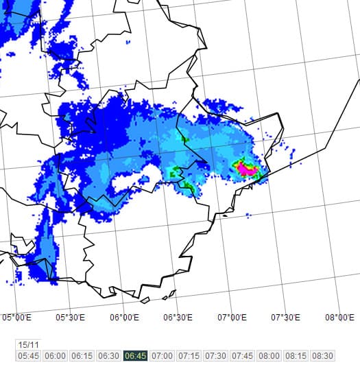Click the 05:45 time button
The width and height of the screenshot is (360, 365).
(29, 356)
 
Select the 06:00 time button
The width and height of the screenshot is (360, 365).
(56, 356)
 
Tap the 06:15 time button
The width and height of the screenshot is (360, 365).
(82, 356)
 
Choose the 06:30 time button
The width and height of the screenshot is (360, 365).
(109, 356)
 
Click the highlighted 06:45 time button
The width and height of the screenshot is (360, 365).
(136, 356)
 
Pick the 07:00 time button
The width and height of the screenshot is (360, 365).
(163, 356)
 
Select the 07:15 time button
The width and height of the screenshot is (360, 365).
(189, 356)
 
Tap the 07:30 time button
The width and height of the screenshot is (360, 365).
(216, 356)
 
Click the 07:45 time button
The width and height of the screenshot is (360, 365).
(243, 356)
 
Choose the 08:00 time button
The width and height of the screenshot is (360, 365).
(269, 356)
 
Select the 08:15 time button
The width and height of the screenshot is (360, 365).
(296, 356)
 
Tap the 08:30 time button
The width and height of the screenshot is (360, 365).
(323, 356)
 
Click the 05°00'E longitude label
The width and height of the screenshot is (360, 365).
(17, 317)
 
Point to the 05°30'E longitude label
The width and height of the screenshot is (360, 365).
(71, 317)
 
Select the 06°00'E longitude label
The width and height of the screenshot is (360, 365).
(125, 317)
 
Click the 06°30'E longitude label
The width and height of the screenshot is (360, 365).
(179, 317)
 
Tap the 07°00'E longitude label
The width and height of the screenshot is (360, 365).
(233, 317)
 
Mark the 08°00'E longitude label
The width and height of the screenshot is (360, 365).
(341, 317)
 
